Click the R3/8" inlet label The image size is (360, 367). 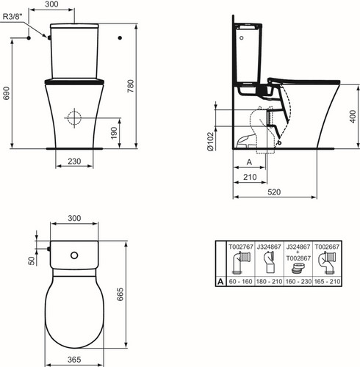[12, 16]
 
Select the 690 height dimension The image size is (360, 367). [6, 93]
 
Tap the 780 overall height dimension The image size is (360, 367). [131, 86]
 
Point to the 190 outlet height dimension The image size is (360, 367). [114, 133]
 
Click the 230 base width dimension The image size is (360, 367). [74, 161]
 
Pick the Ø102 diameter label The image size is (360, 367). [211, 141]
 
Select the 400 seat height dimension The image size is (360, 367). [353, 117]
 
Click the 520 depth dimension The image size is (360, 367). [274, 192]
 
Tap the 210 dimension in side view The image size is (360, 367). [250, 177]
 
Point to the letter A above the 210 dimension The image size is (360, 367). [249, 162]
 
